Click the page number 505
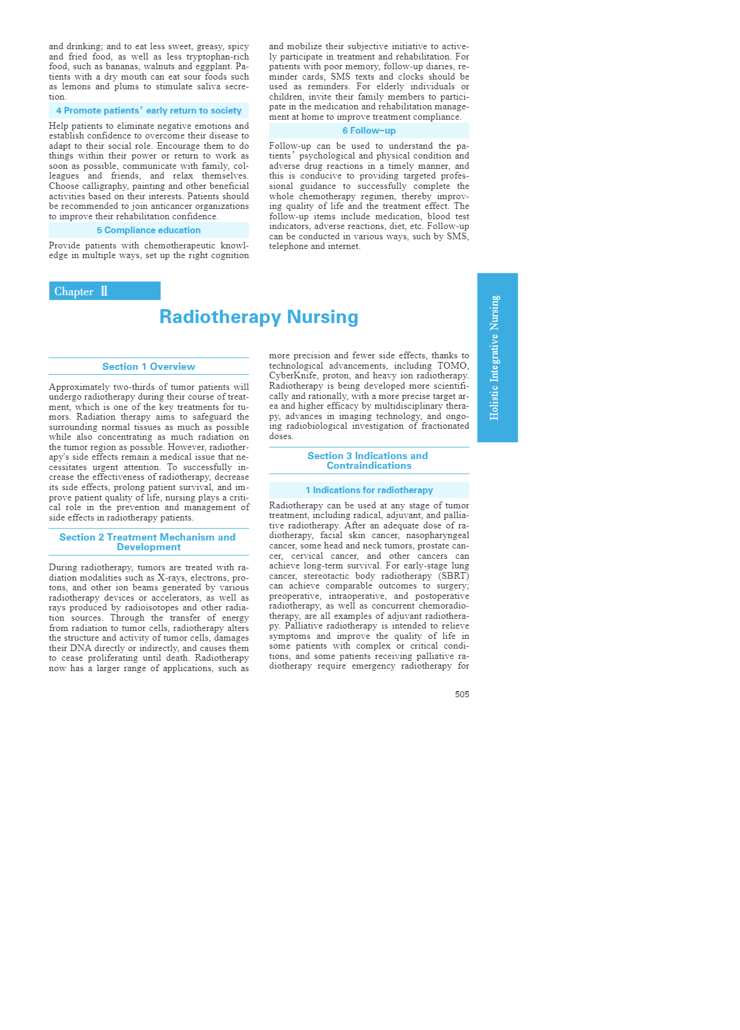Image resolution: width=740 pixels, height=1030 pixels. [462, 694]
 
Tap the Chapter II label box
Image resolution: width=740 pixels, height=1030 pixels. [104, 291]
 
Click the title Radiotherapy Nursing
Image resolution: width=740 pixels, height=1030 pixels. [259, 316]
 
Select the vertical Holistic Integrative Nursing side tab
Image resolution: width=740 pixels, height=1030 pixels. [497, 357]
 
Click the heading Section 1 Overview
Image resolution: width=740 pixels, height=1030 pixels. [149, 366]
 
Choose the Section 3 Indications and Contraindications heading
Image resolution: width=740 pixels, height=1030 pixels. [369, 460]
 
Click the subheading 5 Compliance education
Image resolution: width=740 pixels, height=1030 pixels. [149, 230]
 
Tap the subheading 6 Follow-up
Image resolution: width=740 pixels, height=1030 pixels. [369, 131]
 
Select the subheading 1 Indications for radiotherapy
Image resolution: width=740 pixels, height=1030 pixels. [369, 490]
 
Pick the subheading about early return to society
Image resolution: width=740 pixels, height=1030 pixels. [149, 111]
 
